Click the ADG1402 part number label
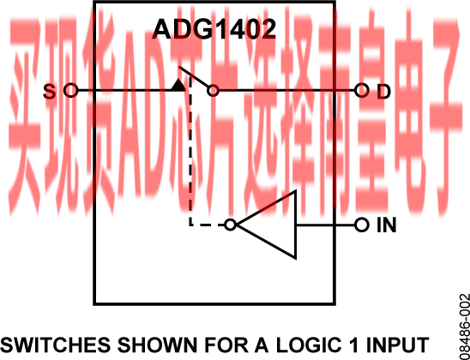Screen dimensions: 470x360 click(x=214, y=29)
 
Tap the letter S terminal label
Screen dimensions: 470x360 click(x=49, y=92)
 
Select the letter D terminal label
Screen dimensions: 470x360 click(x=383, y=92)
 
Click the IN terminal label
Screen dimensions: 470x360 click(x=386, y=225)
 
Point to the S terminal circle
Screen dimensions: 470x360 click(x=70, y=90)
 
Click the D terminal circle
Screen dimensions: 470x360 click(x=361, y=90)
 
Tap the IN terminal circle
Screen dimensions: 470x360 click(x=361, y=225)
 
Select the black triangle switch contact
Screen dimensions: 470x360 click(x=178, y=85)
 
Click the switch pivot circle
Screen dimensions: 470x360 click(x=213, y=91)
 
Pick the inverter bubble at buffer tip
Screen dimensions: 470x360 click(x=230, y=225)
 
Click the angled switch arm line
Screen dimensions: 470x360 click(x=194, y=76)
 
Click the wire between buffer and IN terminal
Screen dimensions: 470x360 click(x=326, y=225)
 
